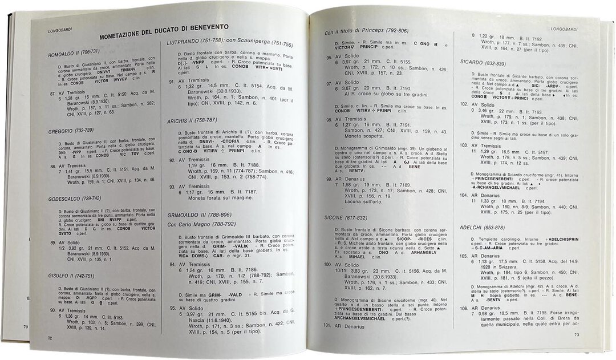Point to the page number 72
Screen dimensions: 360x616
coord(50,338)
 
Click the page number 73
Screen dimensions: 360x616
coord(577,335)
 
